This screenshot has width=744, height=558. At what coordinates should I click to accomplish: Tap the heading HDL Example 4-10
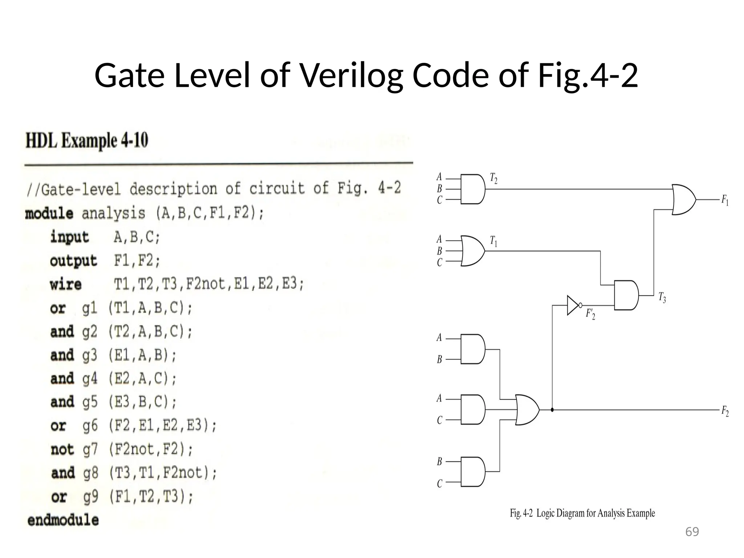[87, 141]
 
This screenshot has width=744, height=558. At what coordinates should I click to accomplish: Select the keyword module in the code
[49, 213]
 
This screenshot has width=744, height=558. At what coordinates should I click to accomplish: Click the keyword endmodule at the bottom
[63, 520]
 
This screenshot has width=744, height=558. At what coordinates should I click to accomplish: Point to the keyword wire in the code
[66, 284]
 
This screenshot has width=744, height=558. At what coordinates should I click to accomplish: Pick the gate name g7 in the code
[90, 450]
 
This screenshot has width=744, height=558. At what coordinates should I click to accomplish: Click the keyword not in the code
[62, 450]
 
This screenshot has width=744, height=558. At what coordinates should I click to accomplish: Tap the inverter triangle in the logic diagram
[573, 305]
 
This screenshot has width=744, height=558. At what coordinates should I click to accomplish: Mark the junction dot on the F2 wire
[552, 410]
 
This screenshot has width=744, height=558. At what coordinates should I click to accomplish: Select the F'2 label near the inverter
[590, 314]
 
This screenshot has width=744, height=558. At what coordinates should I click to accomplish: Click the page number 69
[692, 532]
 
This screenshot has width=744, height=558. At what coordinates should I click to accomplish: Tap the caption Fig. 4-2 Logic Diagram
[582, 513]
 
